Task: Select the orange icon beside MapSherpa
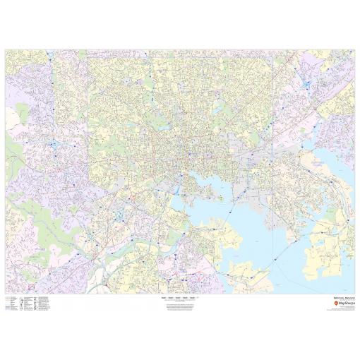(x=327, y=304)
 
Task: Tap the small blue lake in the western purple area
(x=53, y=145)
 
